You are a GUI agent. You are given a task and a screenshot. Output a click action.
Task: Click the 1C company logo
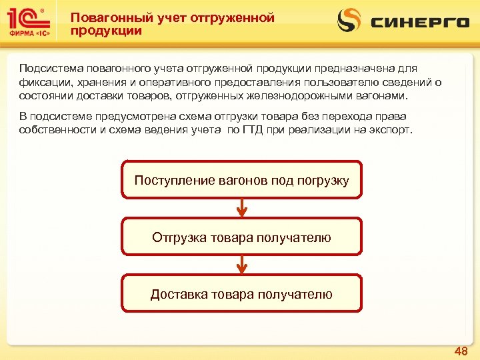click(x=31, y=23)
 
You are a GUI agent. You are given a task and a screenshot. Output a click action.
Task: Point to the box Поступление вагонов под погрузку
click(x=241, y=180)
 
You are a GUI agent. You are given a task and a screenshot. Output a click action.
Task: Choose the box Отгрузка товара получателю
click(x=241, y=237)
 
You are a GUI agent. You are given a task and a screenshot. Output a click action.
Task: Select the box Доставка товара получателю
click(x=241, y=294)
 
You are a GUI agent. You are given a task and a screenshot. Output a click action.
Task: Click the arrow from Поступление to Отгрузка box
click(x=242, y=208)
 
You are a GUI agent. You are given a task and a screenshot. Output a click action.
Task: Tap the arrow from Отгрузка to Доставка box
click(x=242, y=265)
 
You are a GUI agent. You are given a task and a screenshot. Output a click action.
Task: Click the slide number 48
click(x=461, y=351)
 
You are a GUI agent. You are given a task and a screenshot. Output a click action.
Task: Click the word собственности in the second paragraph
click(x=56, y=129)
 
